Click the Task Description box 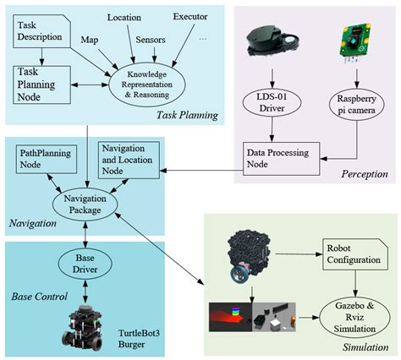coord(41,31)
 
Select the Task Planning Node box coord(41,85)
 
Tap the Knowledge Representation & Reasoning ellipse coord(147,85)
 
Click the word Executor coord(190,17)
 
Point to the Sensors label coord(151,40)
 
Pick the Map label coord(90,40)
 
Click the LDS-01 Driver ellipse coord(272,102)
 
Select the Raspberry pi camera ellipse coord(357,105)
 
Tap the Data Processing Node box coord(282,159)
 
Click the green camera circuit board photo coord(354,42)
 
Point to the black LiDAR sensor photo coord(272,41)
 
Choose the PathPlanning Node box coord(47,159)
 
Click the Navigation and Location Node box coord(129,160)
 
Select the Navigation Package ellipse coord(85,205)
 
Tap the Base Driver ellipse coord(85,264)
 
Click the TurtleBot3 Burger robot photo coord(82,328)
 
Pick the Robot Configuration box coord(355,254)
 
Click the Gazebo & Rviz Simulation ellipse coord(354,318)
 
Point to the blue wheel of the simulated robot coord(239,275)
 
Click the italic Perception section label coord(365,174)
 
